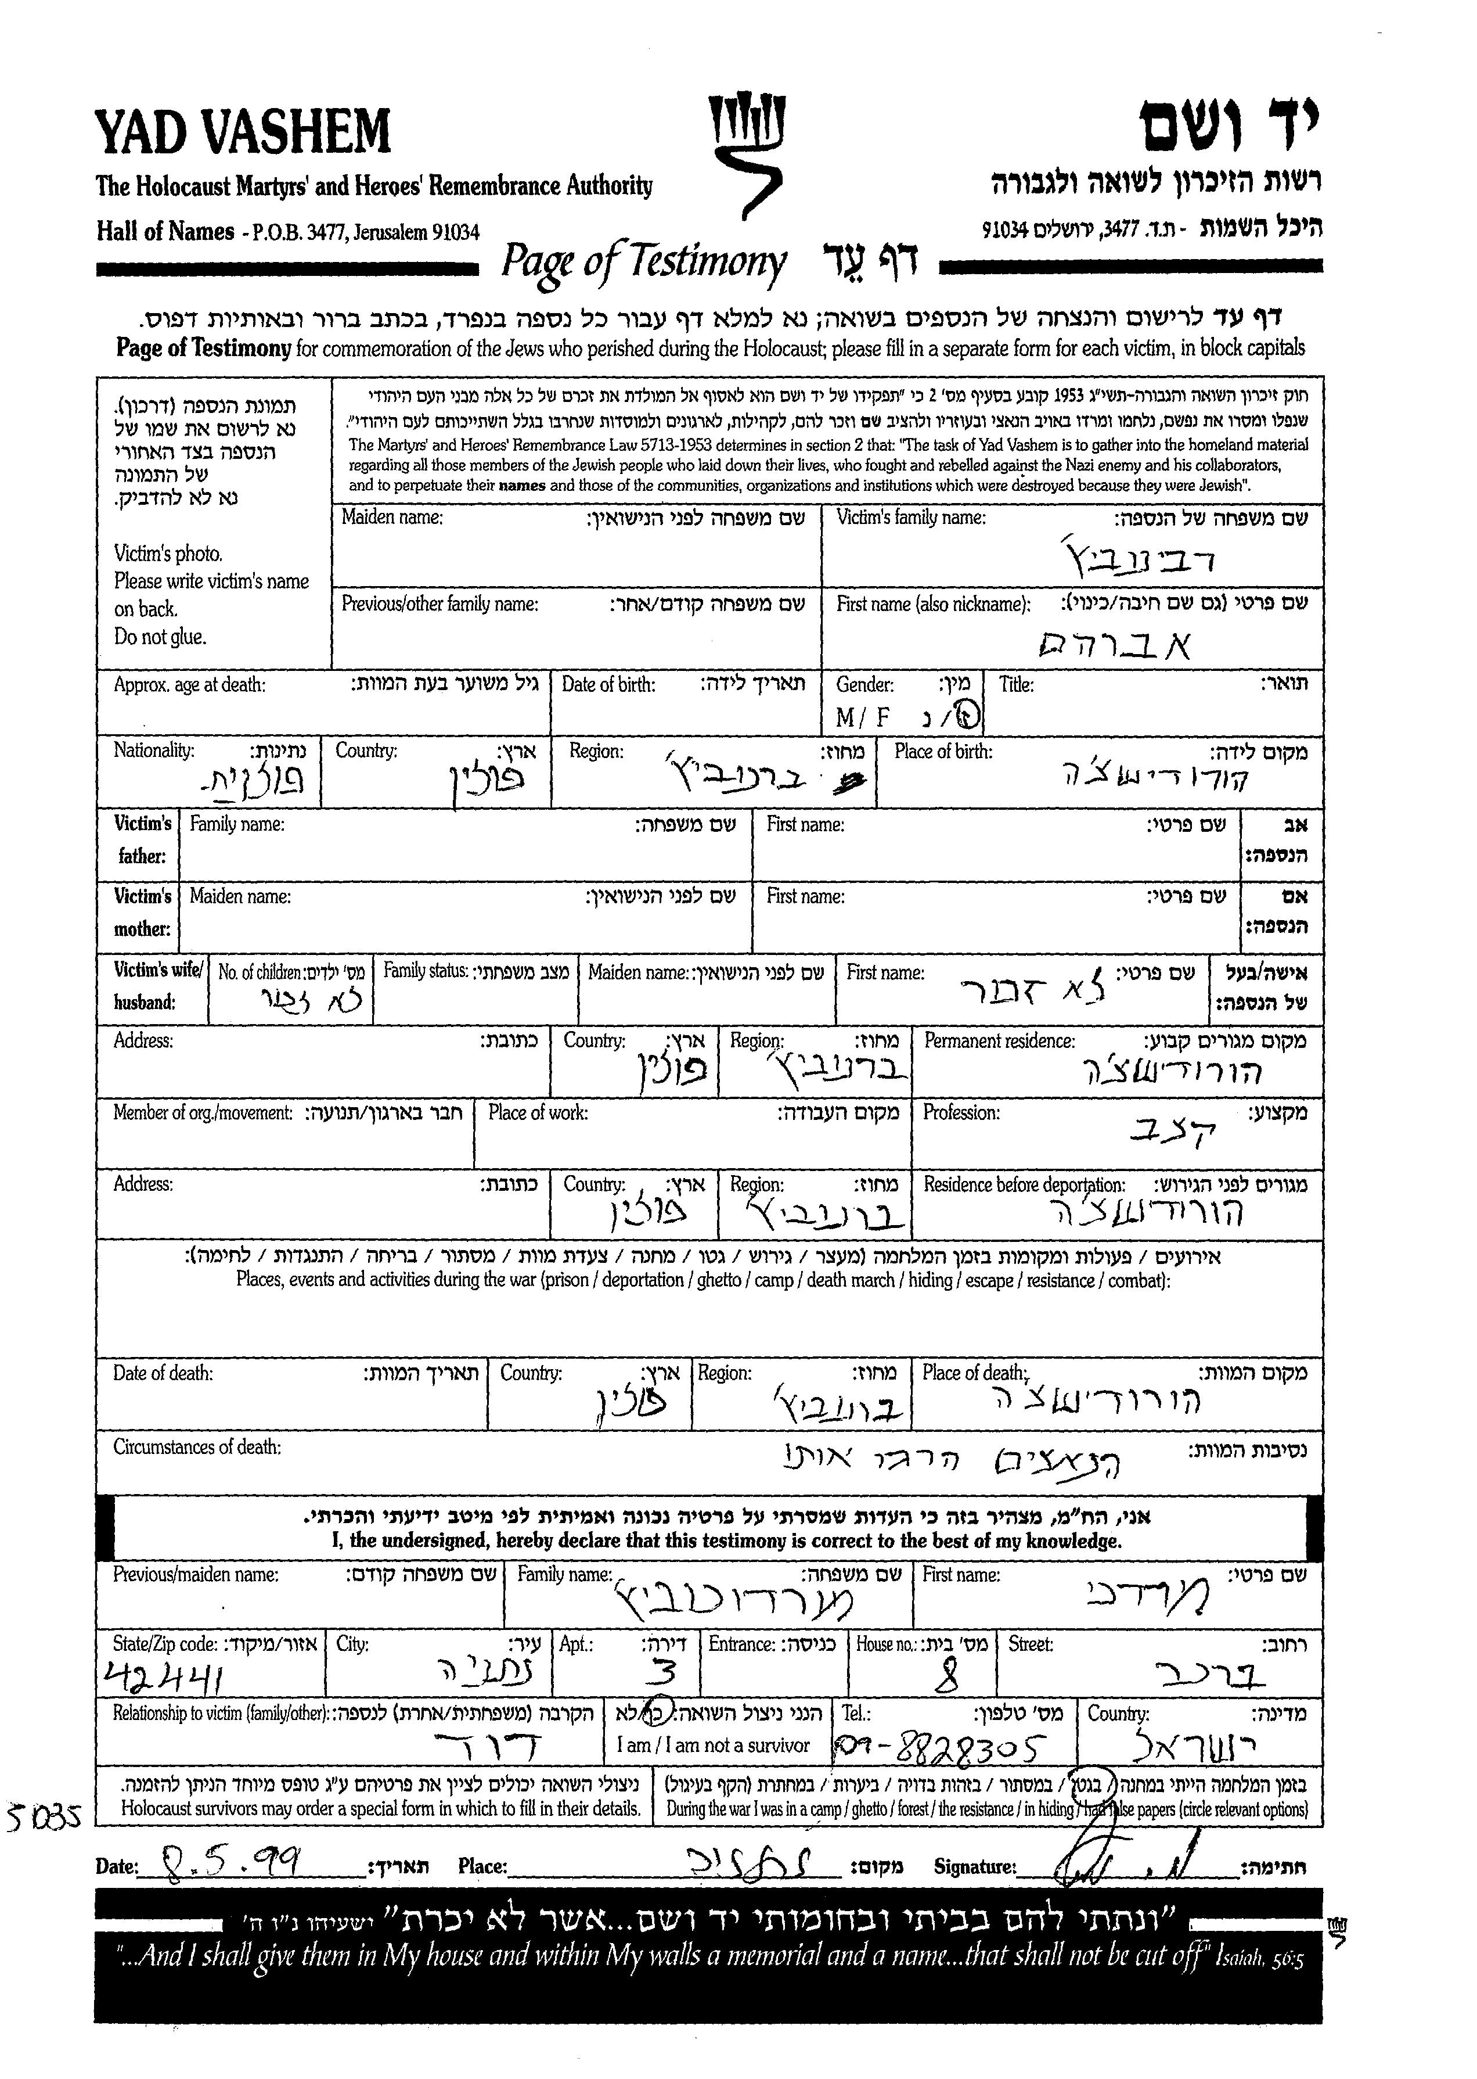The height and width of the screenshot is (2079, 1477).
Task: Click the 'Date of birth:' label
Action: point(608,685)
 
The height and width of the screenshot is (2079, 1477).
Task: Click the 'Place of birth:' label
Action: point(943,752)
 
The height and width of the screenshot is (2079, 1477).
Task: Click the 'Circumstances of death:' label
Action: point(196,1448)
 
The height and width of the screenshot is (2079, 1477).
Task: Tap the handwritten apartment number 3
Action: point(664,1673)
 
